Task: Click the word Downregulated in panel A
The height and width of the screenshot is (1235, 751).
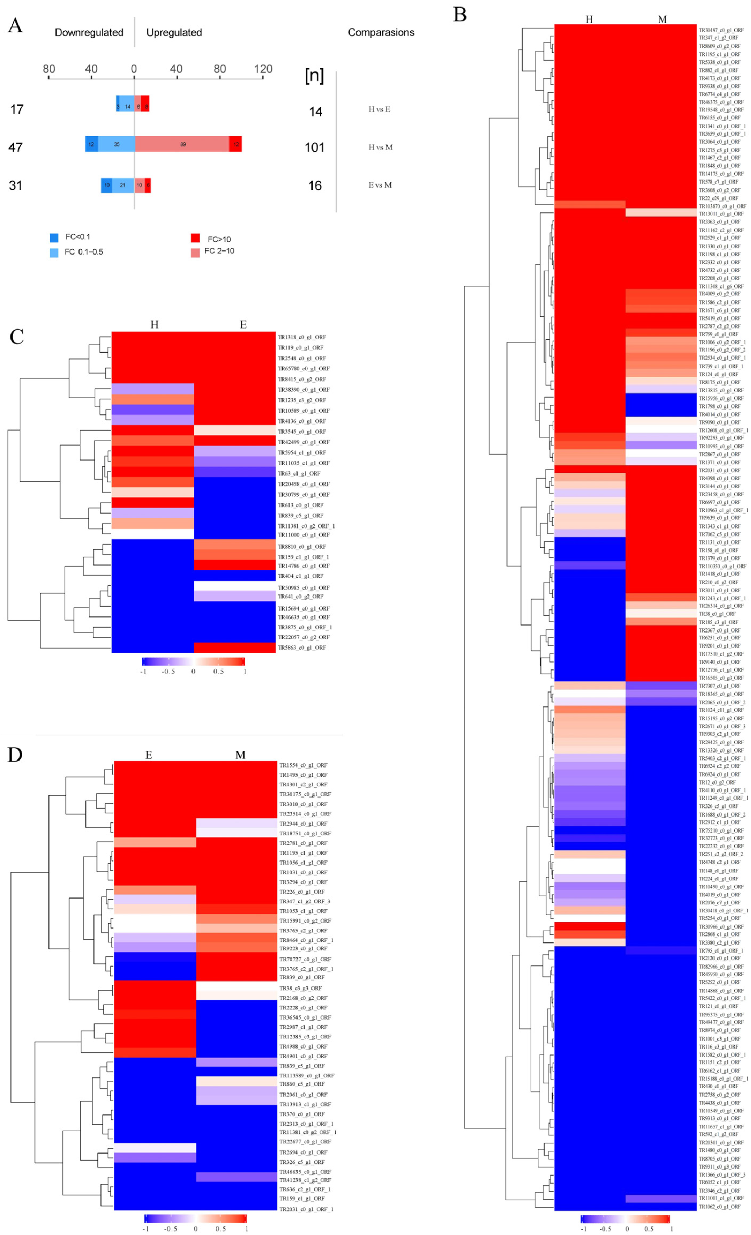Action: click(89, 33)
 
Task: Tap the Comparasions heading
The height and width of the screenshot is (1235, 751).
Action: click(381, 33)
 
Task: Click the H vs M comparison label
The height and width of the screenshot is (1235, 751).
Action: click(380, 147)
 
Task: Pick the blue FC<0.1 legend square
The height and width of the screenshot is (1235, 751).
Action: click(54, 238)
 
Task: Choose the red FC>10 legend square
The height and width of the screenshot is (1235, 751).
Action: click(196, 238)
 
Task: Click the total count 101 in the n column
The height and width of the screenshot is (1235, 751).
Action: click(315, 147)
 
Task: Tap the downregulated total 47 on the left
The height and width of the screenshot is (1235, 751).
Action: click(16, 147)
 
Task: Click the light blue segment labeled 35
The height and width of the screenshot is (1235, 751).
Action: click(116, 144)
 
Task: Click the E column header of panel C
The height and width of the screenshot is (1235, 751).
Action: click(243, 325)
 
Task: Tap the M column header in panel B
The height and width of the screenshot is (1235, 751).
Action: click(662, 20)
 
